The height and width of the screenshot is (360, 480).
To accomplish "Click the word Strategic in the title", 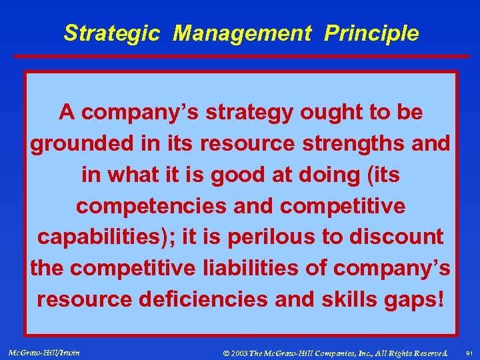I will click(x=112, y=33).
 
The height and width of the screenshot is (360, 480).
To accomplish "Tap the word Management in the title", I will click(x=242, y=33).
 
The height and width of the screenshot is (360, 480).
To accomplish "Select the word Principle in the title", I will click(x=371, y=33).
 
